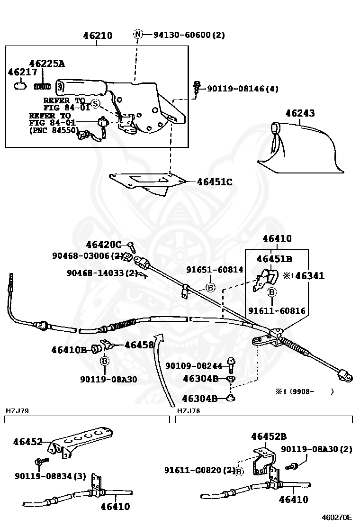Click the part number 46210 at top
[x=98, y=36]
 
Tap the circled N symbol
[x=138, y=34]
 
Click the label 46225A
[x=47, y=64]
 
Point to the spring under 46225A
[x=43, y=86]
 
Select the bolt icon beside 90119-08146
[x=197, y=87]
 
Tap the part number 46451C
[x=215, y=182]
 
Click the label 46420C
[x=104, y=245]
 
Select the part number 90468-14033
[x=102, y=273]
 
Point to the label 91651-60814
[x=215, y=270]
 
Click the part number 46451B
[x=274, y=259]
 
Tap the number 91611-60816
[x=277, y=311]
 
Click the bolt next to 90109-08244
[x=231, y=365]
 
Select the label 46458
[x=139, y=345]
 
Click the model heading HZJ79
[x=18, y=411]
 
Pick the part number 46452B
[x=269, y=436]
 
